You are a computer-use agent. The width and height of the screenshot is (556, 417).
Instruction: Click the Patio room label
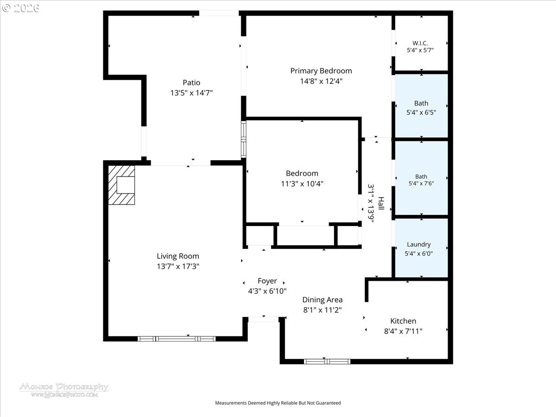191,82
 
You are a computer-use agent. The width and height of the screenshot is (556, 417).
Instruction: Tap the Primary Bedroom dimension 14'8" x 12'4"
321,81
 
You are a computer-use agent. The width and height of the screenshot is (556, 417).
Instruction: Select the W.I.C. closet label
420,43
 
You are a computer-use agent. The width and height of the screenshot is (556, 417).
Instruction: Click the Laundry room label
418,245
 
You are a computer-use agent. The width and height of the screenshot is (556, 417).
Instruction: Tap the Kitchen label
403,321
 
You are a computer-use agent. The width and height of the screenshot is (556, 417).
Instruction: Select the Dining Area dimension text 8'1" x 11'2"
322,310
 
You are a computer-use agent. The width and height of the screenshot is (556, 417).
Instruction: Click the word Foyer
267,281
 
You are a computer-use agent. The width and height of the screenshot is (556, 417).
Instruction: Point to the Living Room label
178,256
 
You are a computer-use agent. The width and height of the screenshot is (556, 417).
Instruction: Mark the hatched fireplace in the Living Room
121,185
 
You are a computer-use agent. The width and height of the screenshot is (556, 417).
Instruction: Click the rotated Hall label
381,203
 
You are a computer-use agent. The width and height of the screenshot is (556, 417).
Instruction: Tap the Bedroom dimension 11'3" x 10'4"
302,183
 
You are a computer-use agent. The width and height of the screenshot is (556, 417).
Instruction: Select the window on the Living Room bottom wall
177,339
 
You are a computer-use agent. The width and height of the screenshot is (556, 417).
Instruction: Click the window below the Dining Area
327,361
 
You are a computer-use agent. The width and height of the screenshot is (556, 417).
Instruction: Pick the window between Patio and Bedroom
243,139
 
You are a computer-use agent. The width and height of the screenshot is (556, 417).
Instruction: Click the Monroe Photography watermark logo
64,390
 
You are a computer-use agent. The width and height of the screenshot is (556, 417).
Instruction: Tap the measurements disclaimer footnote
278,403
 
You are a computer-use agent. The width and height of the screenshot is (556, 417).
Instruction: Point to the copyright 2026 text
20,8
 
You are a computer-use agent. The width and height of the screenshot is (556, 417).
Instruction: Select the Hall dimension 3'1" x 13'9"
371,203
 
